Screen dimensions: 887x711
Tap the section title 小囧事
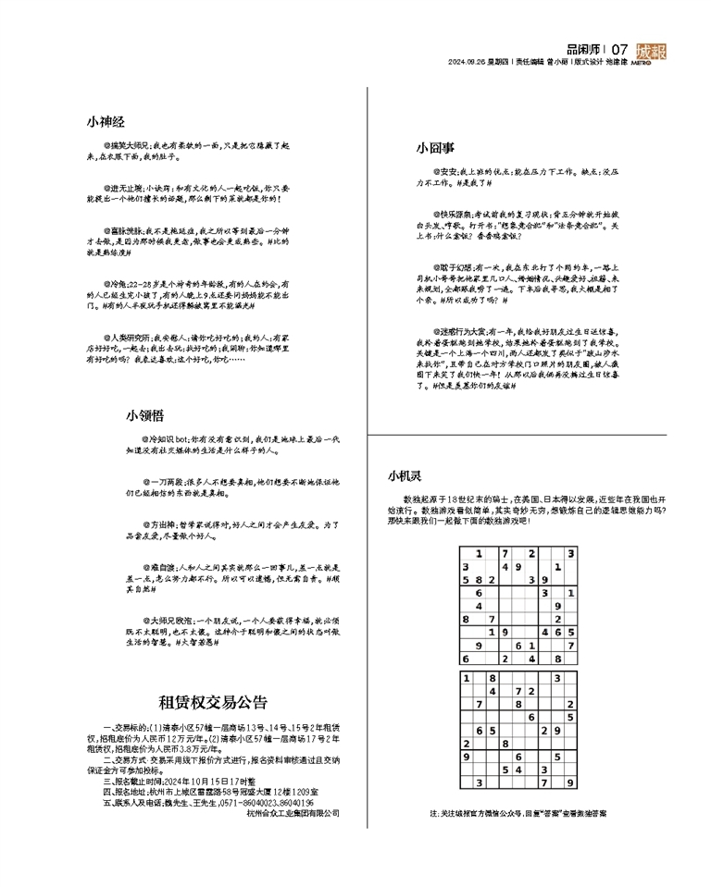pyautogui.click(x=434, y=147)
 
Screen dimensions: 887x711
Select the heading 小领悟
pyautogui.click(x=145, y=416)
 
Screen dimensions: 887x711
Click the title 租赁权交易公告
pyautogui.click(x=213, y=700)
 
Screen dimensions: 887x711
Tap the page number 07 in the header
pyautogui.click(x=620, y=49)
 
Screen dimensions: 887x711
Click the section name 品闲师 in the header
pyautogui.click(x=583, y=49)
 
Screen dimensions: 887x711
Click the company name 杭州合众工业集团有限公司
pyautogui.click(x=293, y=814)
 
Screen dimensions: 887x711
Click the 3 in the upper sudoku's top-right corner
pyautogui.click(x=571, y=553)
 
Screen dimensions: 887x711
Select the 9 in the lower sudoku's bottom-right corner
pyautogui.click(x=571, y=782)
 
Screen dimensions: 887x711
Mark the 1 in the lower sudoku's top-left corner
pyautogui.click(x=466, y=678)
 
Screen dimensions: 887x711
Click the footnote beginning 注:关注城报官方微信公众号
pyautogui.click(x=518, y=814)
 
